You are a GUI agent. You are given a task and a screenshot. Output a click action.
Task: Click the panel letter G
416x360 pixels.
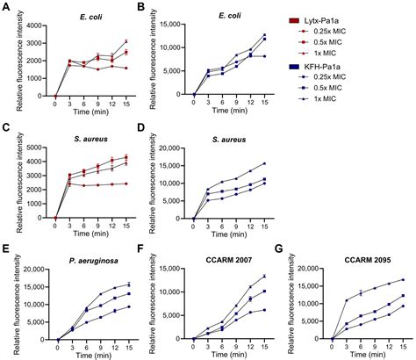pos(280,250)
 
